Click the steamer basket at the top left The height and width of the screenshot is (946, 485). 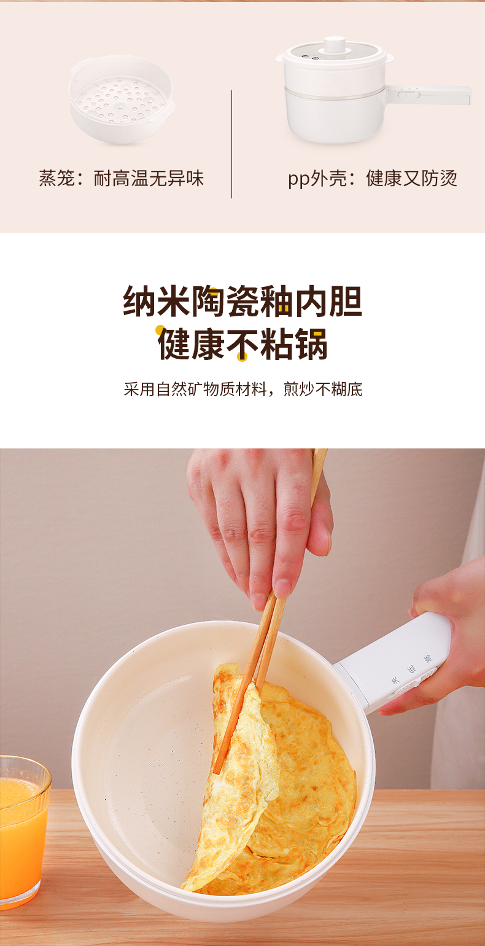click(x=122, y=99)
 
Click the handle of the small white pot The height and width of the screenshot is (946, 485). click(x=429, y=95)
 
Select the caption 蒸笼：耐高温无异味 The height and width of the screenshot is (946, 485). click(x=122, y=178)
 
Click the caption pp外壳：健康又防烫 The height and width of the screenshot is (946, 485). click(x=373, y=178)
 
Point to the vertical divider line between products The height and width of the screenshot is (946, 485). click(x=231, y=144)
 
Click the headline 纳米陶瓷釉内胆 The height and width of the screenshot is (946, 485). click(x=243, y=301)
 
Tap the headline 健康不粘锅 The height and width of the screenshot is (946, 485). click(x=243, y=344)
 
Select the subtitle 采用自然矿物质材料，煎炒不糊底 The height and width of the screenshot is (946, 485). click(x=243, y=389)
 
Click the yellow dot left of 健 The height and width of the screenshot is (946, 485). click(x=160, y=330)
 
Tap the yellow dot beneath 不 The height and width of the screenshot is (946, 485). click(x=242, y=357)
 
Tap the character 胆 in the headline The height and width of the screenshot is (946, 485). click(x=346, y=301)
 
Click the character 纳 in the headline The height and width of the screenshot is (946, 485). click(x=139, y=301)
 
